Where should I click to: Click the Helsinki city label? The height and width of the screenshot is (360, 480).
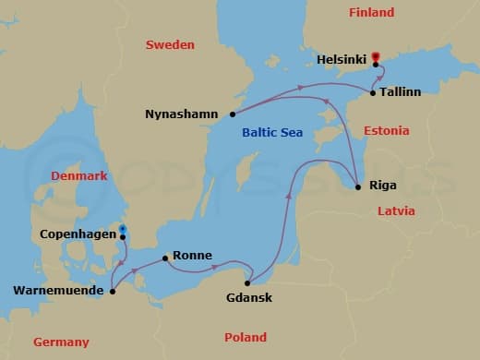click(x=342, y=57)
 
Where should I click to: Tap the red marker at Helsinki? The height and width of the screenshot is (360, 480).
click(x=376, y=58)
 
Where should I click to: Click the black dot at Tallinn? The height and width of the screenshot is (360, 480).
click(x=372, y=93)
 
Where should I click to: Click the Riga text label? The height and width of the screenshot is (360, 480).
click(x=382, y=186)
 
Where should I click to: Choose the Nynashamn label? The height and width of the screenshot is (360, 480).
click(x=181, y=114)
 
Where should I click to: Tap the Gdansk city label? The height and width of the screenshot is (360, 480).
click(x=249, y=298)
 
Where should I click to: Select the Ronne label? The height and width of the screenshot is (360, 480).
click(x=193, y=256)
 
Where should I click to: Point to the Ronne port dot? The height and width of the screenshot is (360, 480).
click(x=164, y=258)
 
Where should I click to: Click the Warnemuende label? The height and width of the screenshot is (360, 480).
click(x=56, y=292)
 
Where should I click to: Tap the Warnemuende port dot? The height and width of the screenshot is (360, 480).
click(x=113, y=292)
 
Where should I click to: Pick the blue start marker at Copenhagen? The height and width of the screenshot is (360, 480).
click(x=122, y=229)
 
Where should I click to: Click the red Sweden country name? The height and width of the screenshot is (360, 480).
click(x=170, y=44)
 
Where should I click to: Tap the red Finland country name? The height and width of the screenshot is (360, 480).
click(x=371, y=13)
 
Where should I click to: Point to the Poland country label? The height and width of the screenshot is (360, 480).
click(x=246, y=337)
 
